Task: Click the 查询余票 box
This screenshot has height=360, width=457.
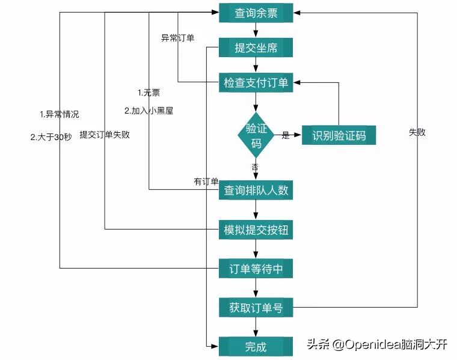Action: click(x=256, y=13)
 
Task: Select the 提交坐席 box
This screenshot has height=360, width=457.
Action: click(x=256, y=47)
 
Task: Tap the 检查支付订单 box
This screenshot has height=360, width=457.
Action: click(x=256, y=83)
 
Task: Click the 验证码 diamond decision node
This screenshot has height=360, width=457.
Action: click(x=256, y=136)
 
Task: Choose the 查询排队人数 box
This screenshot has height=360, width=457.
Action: click(x=256, y=191)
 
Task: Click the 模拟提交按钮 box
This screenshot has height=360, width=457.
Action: click(x=256, y=229)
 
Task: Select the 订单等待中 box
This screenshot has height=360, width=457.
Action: click(x=256, y=269)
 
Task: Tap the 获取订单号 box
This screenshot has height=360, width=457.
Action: click(x=256, y=308)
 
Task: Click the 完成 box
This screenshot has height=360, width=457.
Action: click(x=256, y=346)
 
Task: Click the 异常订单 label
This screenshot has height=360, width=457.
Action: click(x=177, y=38)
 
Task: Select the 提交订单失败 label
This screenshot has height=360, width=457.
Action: click(x=105, y=135)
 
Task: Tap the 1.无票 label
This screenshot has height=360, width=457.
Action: click(x=149, y=93)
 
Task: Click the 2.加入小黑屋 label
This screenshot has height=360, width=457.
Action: click(x=149, y=111)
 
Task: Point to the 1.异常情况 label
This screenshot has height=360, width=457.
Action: click(x=59, y=114)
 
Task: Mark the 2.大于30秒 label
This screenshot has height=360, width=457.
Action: click(x=51, y=136)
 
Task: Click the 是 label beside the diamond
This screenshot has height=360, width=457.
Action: click(x=286, y=136)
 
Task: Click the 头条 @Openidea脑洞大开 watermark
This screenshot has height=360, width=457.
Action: click(x=377, y=344)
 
